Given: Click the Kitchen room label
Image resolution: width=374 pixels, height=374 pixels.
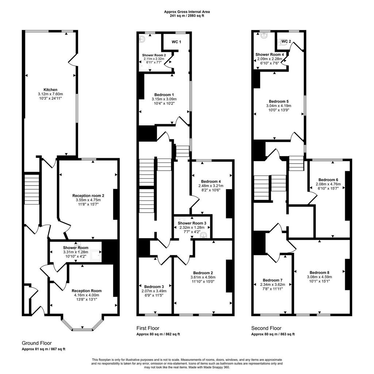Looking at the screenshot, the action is pos(50,90).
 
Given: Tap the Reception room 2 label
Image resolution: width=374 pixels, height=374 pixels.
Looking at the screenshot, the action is pos(88,196).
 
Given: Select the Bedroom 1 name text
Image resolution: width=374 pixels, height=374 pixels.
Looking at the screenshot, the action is pos(164,95).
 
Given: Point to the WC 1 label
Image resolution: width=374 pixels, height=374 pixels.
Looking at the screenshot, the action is pos(176,42).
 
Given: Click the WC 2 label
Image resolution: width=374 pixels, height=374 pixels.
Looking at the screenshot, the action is pos(286,41).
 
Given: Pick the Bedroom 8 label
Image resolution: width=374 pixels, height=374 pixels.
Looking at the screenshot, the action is pos(319,272).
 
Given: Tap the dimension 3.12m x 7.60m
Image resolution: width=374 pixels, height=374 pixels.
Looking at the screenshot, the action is pos(50,94).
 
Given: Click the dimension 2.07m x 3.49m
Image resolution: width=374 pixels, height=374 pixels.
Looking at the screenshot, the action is pos(154,291).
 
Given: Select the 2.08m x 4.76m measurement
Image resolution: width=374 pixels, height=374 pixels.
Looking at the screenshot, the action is pos(328,184).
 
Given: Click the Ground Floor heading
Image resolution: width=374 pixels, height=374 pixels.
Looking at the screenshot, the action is pos(37,343).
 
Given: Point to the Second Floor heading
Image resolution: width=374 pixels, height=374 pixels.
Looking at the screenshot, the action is pos(266,328).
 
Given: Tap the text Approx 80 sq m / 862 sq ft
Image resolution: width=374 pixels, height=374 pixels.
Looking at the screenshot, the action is pos(158,334).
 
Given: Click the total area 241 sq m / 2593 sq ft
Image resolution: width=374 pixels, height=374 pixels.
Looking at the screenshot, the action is pos(187,16).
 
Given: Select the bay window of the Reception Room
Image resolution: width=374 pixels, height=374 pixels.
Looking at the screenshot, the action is pos(82,324).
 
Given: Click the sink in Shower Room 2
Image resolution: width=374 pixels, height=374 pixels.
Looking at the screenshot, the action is pos(142,39).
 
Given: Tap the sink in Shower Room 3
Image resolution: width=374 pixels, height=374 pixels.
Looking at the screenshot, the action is pos(204,235).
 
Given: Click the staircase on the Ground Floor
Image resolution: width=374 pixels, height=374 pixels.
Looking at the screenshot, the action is pos(32,190).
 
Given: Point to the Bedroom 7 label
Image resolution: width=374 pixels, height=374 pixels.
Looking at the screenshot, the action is pos(272,280).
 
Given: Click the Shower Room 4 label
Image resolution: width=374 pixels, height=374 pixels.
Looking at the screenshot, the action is pos(270,54).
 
